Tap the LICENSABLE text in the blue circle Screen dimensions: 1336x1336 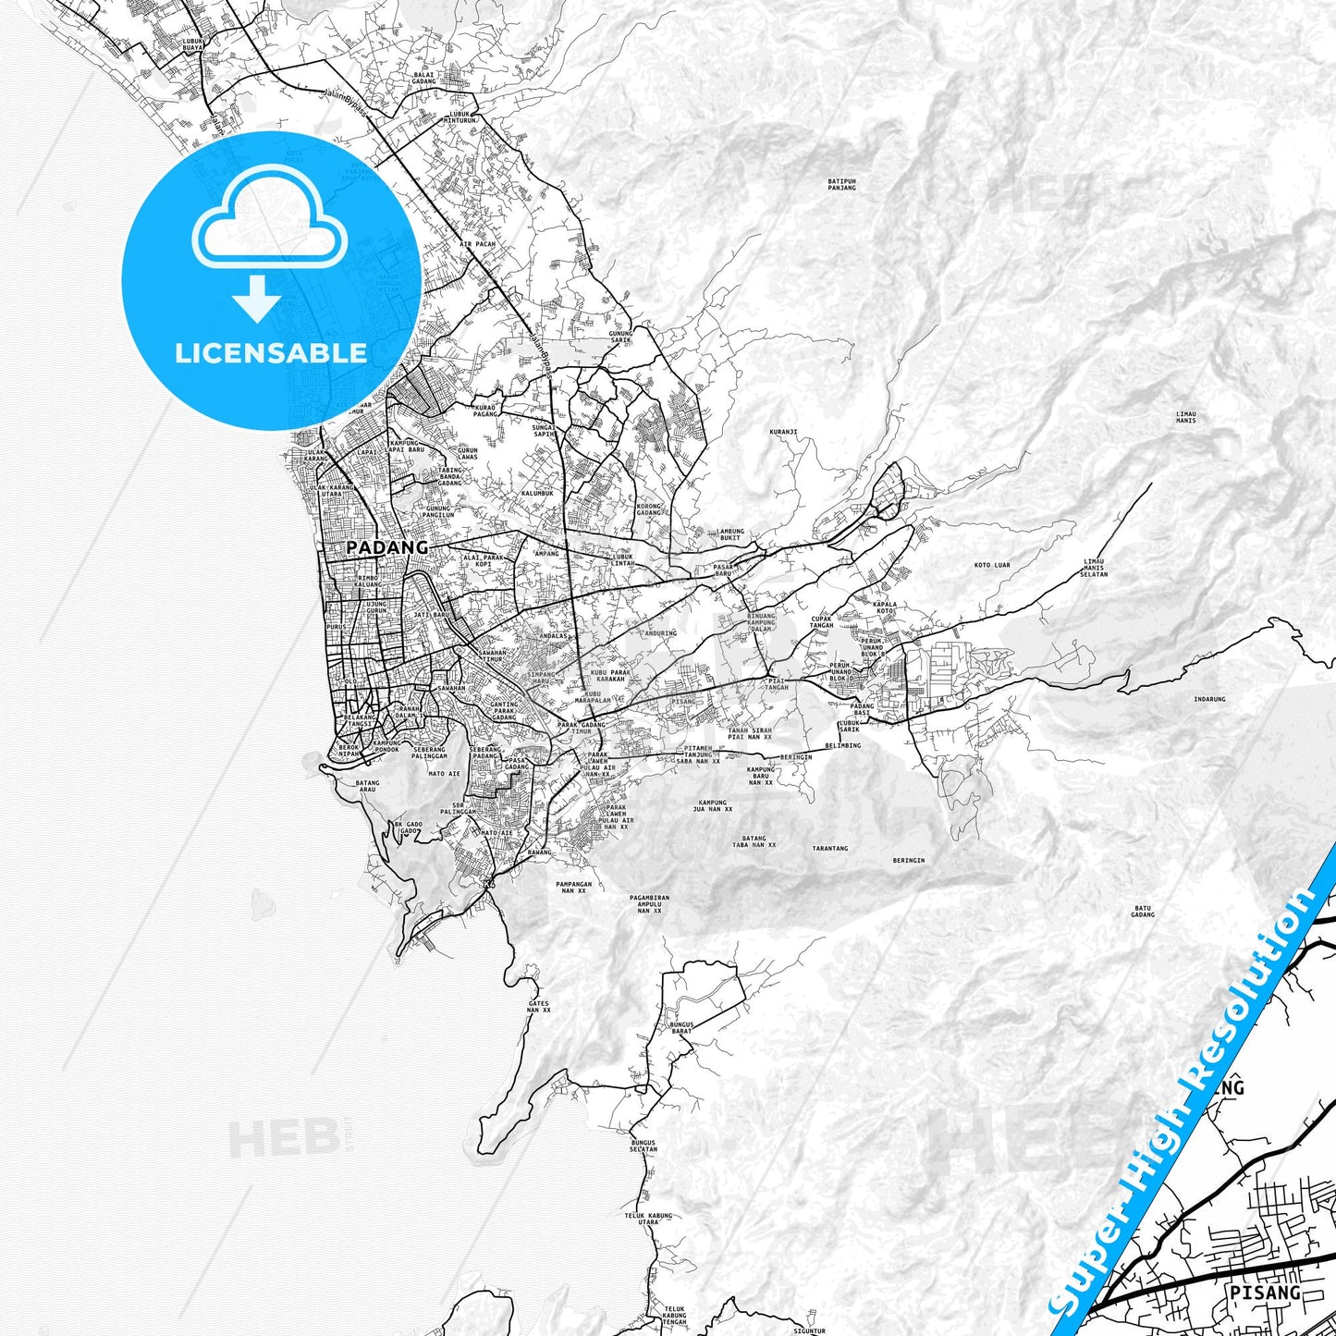[x=271, y=353]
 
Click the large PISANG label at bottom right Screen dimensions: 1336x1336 [x=1264, y=1292]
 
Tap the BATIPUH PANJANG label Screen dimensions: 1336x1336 [x=841, y=184]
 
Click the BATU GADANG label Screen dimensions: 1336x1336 [x=1143, y=912]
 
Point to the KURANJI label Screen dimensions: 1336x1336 [x=782, y=431]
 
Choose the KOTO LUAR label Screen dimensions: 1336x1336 [x=992, y=565]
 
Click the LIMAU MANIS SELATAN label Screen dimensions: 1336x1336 [x=1094, y=567]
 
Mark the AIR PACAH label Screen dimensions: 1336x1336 [x=478, y=244]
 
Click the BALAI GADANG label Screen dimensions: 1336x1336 [x=424, y=78]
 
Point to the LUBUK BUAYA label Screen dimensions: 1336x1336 [x=192, y=43]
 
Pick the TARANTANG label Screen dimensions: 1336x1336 [x=829, y=848]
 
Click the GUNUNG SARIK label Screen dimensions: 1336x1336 [x=620, y=337]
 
